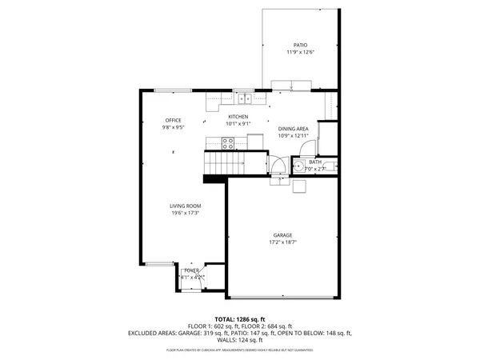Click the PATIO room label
tap(300, 45)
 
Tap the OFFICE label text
tap(174, 120)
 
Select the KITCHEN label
tap(238, 117)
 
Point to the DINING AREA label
tap(293, 128)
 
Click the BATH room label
tap(315, 162)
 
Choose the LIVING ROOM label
tap(184, 206)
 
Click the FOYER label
tap(191, 271)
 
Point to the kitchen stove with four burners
tap(228, 143)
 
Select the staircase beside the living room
tap(223, 162)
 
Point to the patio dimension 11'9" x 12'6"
tap(300, 52)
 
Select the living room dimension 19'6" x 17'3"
tap(184, 213)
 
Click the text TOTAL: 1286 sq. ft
tap(240, 318)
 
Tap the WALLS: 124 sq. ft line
tap(240, 339)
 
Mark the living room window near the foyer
tap(159, 264)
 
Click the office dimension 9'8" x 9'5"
tap(174, 127)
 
